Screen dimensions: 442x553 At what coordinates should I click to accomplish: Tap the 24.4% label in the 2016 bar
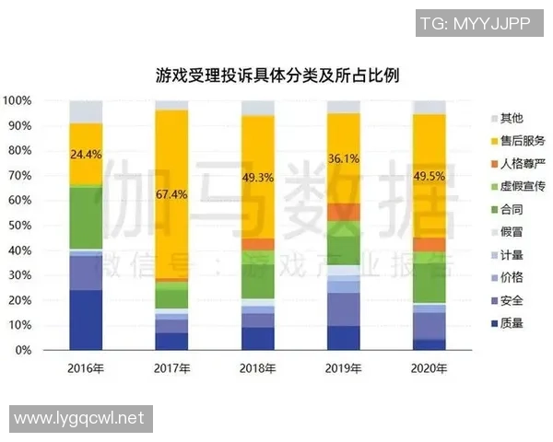tap(86, 153)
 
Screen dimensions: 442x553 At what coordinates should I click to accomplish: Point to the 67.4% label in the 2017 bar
tap(171, 194)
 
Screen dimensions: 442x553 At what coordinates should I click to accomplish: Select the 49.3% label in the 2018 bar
tap(258, 177)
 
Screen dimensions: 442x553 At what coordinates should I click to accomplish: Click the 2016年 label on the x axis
tap(86, 368)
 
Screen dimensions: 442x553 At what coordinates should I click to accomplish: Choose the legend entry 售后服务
tap(522, 141)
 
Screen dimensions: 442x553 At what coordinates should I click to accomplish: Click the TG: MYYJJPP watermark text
tap(475, 24)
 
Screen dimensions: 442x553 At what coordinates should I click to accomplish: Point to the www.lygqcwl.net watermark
tap(79, 418)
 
